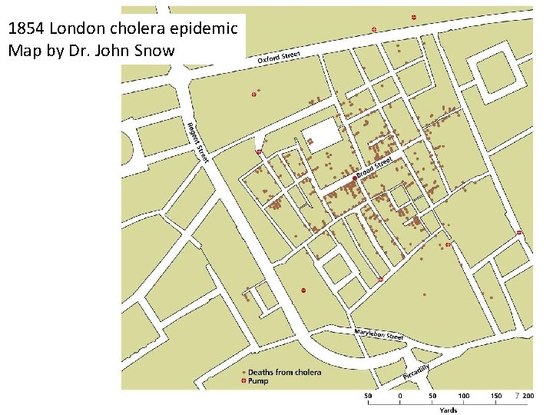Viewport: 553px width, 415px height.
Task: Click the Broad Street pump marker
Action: [x=354, y=178]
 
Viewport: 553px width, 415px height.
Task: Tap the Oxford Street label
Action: [x=278, y=57]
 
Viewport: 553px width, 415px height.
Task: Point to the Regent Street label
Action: [x=198, y=141]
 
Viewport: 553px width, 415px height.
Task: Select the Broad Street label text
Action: [x=374, y=164]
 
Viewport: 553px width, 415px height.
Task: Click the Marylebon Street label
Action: [x=379, y=334]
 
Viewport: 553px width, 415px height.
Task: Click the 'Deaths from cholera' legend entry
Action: [x=284, y=372]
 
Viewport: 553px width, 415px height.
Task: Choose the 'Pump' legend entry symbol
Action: [x=244, y=381]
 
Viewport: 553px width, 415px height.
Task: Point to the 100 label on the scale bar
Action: [x=464, y=397]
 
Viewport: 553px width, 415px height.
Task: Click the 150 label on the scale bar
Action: [x=496, y=397]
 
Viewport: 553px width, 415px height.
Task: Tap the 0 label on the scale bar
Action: [x=400, y=397]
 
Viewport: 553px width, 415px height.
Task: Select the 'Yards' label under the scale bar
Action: [x=448, y=410]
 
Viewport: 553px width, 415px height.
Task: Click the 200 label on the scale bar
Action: [x=528, y=397]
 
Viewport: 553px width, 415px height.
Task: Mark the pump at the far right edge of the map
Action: [x=519, y=232]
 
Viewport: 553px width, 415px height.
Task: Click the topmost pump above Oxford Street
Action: [x=413, y=17]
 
